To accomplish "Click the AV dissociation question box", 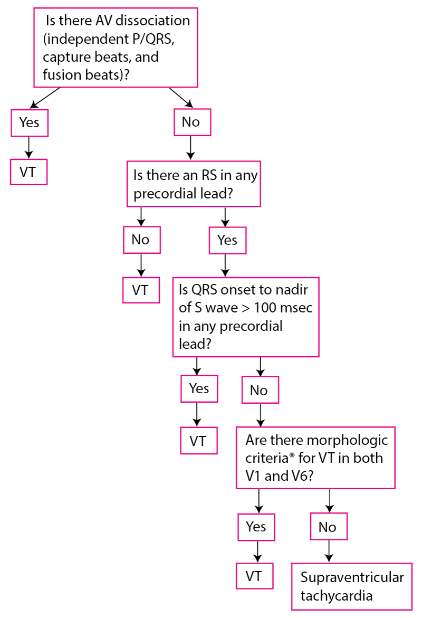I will (116, 47).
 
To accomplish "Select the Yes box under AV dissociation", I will (29, 122).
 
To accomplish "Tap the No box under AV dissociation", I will (193, 122).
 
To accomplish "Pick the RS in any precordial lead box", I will (194, 184).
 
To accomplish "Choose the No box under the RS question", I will (141, 240).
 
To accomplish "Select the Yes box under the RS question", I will (227, 241).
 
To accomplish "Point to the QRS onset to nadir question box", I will (246, 317).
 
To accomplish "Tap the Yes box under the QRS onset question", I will (199, 389).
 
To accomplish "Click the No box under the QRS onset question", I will (260, 391).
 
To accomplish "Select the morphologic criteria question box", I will (315, 458).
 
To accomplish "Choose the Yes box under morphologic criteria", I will (256, 527).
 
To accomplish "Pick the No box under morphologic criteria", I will (329, 527).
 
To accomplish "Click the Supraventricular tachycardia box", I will (351, 586).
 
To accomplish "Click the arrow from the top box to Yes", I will (46, 98).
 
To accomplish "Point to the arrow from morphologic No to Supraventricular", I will (329, 551).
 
